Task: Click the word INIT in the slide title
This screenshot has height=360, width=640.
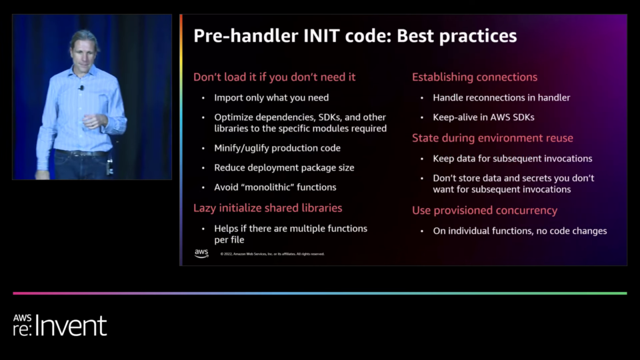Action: tap(321, 36)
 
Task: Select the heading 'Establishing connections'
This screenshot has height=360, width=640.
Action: tap(475, 77)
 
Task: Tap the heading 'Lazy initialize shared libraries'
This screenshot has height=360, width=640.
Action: tap(268, 208)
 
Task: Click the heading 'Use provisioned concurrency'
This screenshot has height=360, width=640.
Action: tap(485, 210)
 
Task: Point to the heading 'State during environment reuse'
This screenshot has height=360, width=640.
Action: tap(493, 138)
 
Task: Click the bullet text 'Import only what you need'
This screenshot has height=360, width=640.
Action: tap(271, 97)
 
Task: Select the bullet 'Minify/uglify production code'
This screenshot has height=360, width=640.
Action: tap(277, 148)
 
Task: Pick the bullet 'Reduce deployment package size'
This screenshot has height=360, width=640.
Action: tap(284, 168)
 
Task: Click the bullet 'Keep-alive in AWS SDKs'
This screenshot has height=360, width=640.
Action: tap(484, 117)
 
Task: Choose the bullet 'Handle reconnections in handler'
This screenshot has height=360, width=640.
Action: tap(501, 97)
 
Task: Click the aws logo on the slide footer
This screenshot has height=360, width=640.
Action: tap(201, 253)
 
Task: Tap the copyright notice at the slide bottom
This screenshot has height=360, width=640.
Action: tap(272, 254)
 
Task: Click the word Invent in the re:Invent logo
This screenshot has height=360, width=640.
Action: tap(71, 326)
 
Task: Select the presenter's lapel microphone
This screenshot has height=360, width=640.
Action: tap(81, 88)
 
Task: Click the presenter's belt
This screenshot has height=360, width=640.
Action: tap(81, 153)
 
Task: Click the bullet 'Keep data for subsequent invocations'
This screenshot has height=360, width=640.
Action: tap(513, 159)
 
